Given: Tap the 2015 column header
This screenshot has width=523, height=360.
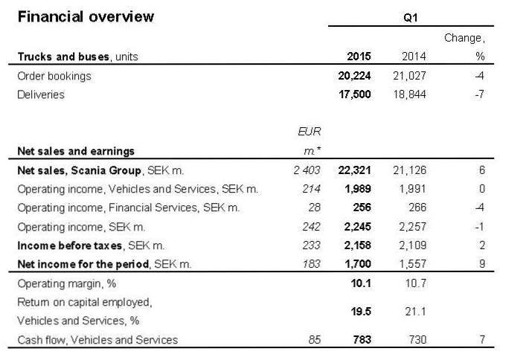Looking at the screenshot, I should coord(359,57).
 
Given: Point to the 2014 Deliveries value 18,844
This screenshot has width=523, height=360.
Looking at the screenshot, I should coord(409,94).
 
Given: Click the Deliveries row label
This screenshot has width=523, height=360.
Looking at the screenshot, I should coord(40,94).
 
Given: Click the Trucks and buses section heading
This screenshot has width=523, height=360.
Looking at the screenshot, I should coord(77,57).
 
